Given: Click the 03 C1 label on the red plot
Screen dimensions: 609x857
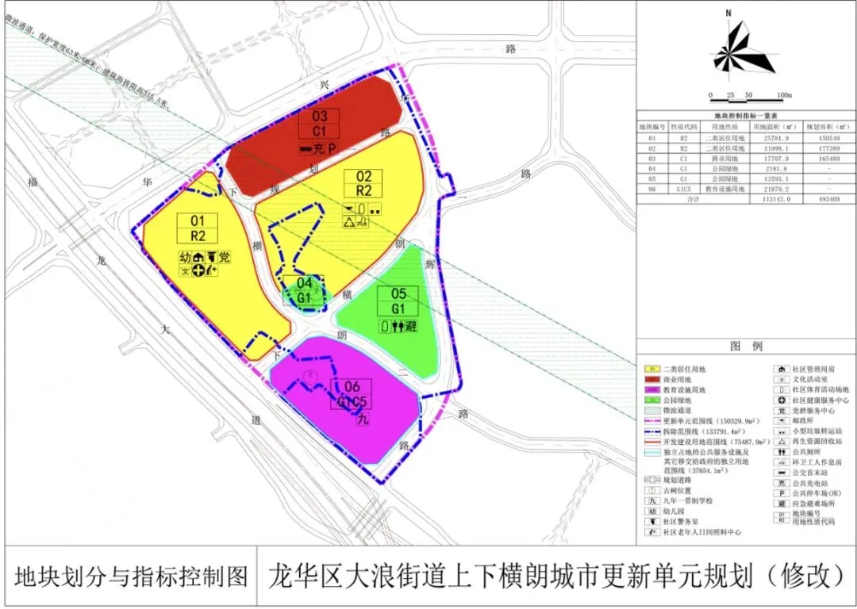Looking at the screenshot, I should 320,124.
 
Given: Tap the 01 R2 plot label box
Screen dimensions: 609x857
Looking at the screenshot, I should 198,228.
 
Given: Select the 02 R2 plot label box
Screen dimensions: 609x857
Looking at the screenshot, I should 363,183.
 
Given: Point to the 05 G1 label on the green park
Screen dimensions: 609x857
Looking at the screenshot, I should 398,301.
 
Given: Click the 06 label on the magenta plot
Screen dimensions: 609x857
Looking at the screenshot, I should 352,387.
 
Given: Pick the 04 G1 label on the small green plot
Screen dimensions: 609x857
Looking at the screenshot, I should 304,290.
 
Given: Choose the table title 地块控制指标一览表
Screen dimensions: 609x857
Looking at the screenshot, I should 746,115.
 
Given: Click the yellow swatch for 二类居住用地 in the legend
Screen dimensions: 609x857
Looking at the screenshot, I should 651,370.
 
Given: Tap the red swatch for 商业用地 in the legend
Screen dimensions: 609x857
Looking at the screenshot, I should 651,380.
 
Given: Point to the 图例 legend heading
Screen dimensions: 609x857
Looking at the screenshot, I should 746,347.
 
